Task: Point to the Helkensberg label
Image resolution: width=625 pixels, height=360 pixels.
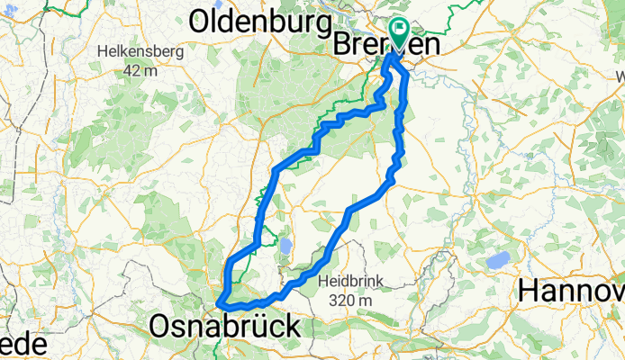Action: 142,51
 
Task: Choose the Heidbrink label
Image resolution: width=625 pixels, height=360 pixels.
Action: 350,282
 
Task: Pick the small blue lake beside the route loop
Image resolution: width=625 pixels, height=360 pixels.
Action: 285,246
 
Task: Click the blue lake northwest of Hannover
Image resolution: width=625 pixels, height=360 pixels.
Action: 496,261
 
